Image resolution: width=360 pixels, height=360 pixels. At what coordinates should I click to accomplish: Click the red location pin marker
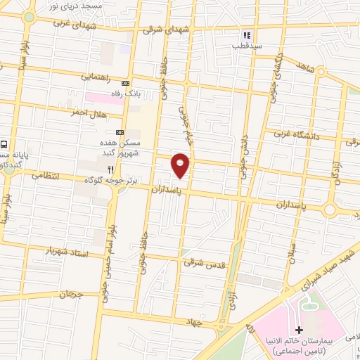181,165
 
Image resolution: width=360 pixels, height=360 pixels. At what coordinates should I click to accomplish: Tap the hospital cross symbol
298,330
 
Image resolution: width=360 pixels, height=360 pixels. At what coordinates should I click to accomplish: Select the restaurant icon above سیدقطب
246,34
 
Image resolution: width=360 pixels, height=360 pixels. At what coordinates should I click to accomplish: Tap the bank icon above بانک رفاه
126,82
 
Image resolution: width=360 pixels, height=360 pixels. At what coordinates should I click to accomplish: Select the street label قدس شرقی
198,262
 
